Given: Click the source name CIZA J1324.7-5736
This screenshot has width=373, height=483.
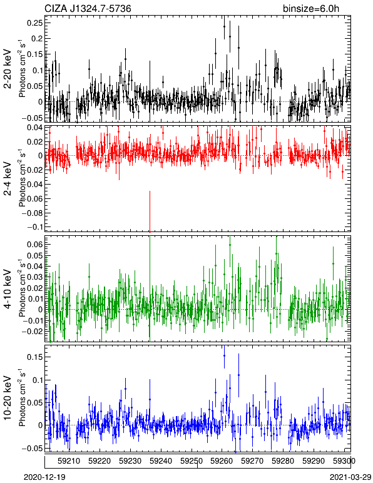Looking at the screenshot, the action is coord(88,9).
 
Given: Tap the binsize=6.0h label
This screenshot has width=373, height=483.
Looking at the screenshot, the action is coord(311,9).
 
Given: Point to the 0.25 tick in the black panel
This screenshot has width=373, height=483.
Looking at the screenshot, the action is coord(34,23).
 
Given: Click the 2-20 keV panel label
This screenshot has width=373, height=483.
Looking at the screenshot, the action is coord(8,69).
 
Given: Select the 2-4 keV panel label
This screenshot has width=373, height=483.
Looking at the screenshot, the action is coord(8,179).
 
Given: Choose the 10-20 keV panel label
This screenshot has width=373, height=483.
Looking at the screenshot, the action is coord(8,398).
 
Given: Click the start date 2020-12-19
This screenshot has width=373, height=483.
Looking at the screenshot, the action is coord(44,477).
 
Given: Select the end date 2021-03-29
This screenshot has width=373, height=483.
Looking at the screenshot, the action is coord(350,477).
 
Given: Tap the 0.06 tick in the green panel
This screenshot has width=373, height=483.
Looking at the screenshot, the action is coord(35,244).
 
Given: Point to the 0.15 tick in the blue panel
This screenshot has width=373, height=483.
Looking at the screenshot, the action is coord(35,357).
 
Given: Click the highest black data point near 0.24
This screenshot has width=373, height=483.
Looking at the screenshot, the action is coord(224,26).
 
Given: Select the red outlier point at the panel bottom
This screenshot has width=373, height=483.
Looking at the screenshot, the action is coord(150,231).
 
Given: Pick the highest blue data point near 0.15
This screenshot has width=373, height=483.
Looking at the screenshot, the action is coord(224,355).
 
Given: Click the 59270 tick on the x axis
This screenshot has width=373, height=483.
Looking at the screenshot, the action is coord(252,461).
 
